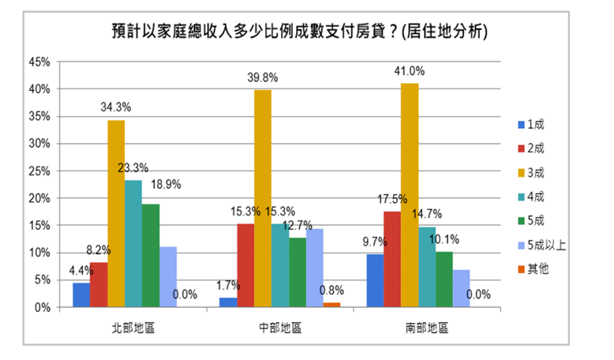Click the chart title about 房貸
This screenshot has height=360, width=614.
299,32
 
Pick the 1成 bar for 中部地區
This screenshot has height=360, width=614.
227,302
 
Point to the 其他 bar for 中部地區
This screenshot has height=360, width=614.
332,305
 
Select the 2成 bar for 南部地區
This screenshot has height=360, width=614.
392,259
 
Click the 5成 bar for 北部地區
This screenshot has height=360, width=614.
151,255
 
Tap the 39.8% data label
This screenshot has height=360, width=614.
264,77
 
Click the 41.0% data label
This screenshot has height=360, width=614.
410,71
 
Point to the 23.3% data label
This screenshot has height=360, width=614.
133,168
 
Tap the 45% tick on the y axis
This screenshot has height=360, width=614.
40,62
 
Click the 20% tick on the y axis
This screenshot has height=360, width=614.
40,198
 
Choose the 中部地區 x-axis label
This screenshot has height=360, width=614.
280,328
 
